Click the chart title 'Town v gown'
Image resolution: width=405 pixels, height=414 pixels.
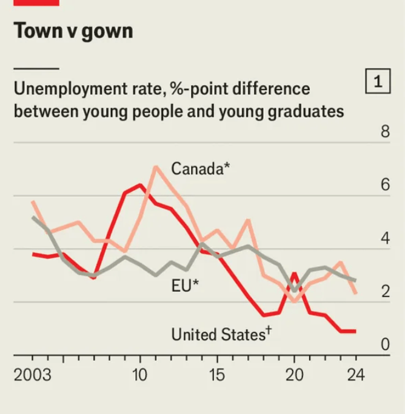click(x=73, y=31)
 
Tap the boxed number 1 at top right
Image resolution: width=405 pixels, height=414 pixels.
click(x=378, y=82)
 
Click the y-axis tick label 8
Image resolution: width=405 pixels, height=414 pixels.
click(x=385, y=133)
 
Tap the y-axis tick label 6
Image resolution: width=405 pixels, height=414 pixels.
click(x=385, y=185)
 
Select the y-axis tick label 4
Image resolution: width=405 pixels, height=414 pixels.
click(x=385, y=238)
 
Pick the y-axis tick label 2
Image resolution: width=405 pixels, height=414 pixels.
click(x=385, y=292)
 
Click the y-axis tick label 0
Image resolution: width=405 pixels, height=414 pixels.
click(x=385, y=344)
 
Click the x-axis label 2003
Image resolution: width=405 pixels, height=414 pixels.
click(x=33, y=375)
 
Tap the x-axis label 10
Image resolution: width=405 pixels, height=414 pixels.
click(x=140, y=375)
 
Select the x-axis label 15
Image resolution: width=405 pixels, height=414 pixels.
click(x=217, y=375)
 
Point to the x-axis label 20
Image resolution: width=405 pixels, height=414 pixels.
click(x=294, y=375)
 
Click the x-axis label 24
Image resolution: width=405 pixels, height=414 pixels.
click(x=356, y=375)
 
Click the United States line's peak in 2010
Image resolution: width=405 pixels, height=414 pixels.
click(x=140, y=185)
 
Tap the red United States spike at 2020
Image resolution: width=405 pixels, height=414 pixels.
click(x=294, y=274)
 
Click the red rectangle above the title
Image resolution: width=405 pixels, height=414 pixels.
click(x=36, y=2)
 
